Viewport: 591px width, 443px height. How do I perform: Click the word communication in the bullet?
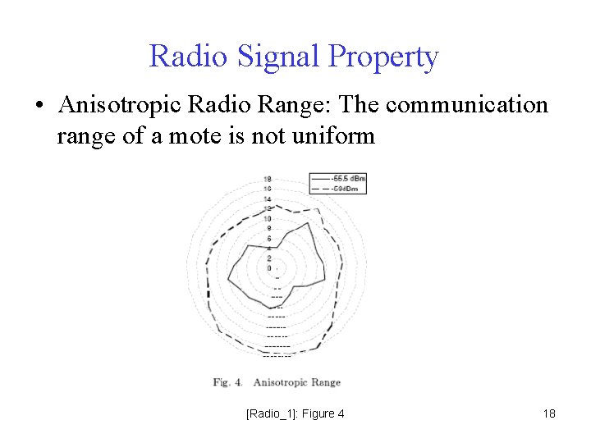tap(466, 106)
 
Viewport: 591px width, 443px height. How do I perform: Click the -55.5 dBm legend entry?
tap(349, 177)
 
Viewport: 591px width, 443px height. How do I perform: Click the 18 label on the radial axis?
tap(268, 179)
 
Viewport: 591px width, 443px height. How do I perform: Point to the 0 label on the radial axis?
tap(268, 267)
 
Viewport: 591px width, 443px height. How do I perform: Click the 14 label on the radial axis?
tap(268, 199)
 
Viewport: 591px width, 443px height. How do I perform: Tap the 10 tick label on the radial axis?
tap(268, 218)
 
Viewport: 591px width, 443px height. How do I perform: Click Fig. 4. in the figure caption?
tap(227, 382)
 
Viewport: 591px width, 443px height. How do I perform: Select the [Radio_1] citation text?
tap(272, 413)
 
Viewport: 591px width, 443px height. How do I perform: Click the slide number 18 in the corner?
tap(549, 413)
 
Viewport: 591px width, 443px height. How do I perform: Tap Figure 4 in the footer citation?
tap(323, 413)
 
